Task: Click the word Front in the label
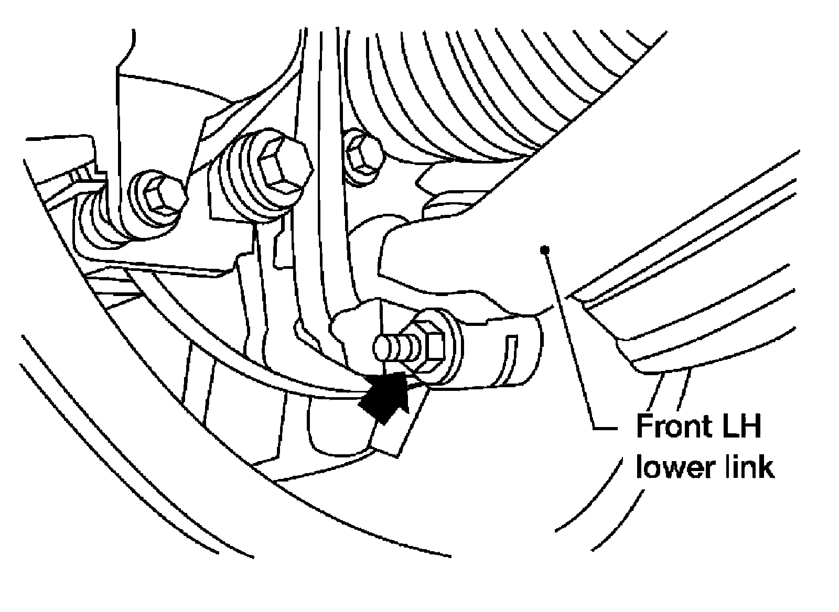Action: [673, 426]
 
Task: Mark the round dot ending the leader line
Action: [545, 249]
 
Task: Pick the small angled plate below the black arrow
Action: [399, 427]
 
